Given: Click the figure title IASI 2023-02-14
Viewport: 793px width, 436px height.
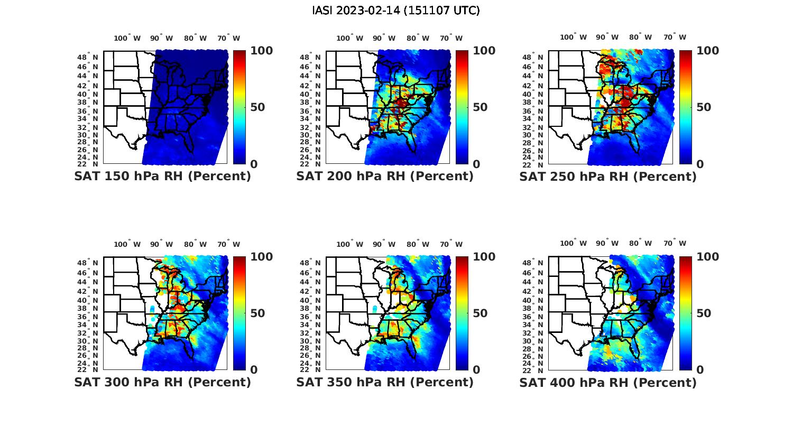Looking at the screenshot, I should [x=396, y=11].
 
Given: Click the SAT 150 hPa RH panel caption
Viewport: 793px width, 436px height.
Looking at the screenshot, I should [x=162, y=177].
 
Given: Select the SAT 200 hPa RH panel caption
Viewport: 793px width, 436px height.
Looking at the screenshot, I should [x=385, y=177].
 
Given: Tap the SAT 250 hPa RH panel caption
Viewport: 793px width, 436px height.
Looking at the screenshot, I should [x=608, y=177].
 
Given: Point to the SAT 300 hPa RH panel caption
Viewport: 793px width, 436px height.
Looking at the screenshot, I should [x=162, y=382].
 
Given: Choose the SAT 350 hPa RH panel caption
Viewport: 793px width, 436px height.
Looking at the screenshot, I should [x=385, y=382].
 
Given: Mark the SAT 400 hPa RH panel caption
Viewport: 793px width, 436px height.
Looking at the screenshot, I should [x=608, y=382].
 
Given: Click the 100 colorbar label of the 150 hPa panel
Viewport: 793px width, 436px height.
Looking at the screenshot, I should [x=261, y=51].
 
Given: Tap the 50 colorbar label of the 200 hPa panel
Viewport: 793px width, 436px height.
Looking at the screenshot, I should [x=480, y=107].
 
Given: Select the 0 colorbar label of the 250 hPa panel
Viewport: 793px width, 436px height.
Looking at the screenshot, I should [x=700, y=164].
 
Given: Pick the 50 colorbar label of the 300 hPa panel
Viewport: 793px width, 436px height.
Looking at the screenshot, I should [x=257, y=313].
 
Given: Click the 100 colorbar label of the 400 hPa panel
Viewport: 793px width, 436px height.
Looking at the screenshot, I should [x=708, y=257].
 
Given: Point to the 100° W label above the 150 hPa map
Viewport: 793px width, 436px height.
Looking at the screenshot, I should [x=127, y=38].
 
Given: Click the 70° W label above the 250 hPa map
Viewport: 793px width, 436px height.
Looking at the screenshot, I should [x=675, y=37].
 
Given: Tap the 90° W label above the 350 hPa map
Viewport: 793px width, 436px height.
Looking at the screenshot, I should [x=384, y=244].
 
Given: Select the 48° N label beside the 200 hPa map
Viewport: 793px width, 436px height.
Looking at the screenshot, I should [x=310, y=57].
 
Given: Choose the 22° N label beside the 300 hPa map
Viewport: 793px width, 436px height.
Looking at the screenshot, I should [x=88, y=370].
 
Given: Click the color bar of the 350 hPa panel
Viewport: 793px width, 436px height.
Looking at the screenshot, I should [x=462, y=313].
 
